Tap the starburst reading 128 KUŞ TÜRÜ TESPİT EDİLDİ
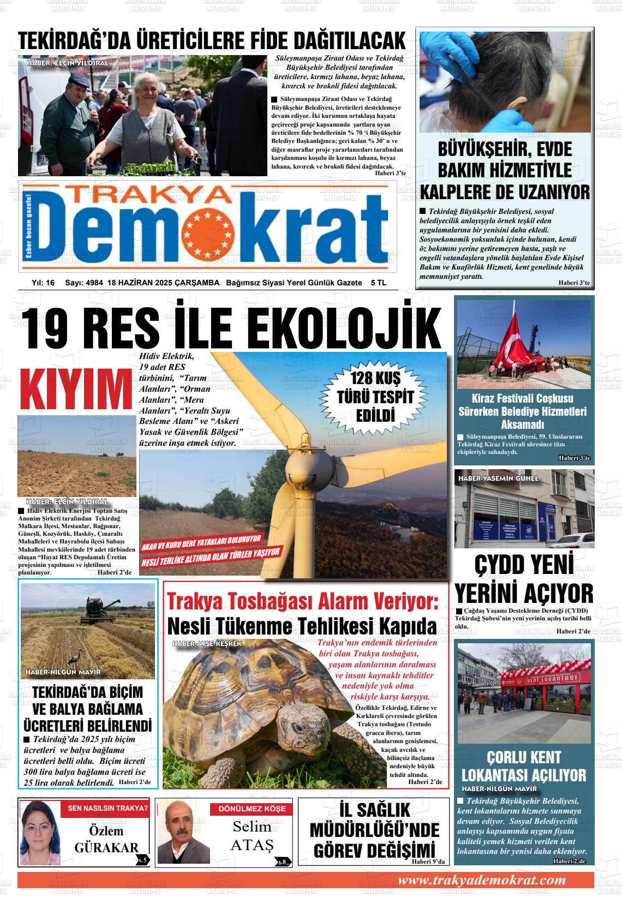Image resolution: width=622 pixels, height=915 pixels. click(375, 396)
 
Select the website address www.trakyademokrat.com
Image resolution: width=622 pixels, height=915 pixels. click(481, 880)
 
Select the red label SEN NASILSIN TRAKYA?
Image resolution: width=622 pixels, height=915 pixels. click(107, 808)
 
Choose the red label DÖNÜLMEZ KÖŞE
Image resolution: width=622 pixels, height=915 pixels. click(252, 809)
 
